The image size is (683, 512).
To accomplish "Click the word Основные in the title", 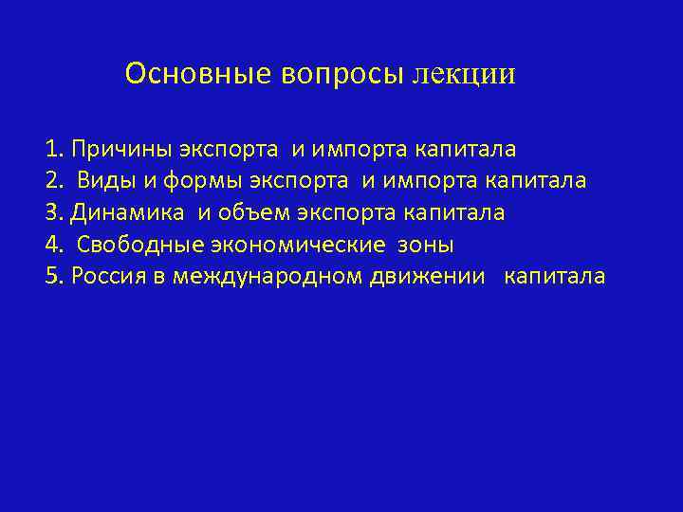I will click(198, 73).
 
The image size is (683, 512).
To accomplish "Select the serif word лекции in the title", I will click(465, 74).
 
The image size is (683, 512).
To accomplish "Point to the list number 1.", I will click(51, 149).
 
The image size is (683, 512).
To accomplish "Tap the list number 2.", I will click(51, 181).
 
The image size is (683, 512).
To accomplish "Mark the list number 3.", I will click(51, 213).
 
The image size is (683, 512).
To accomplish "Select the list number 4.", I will click(51, 246).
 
